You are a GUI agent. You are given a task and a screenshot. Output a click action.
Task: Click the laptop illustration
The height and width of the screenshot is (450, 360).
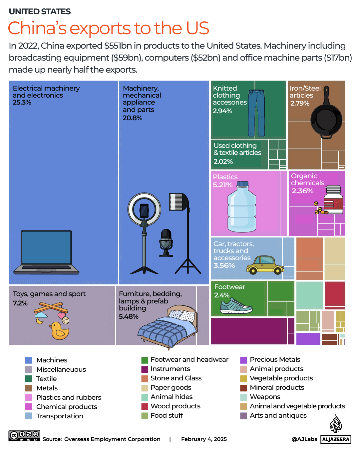click(x=46, y=252)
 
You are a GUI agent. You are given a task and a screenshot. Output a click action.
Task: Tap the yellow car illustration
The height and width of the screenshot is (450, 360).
click(x=265, y=265)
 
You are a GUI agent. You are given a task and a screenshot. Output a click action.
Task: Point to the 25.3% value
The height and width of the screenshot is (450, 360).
click(x=22, y=103)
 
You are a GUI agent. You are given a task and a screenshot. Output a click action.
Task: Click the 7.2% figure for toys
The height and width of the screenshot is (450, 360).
click(x=20, y=303)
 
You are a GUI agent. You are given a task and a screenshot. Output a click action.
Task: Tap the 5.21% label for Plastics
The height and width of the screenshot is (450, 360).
click(x=222, y=185)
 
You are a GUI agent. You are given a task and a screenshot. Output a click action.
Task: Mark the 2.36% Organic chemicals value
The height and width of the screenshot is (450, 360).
click(x=302, y=191)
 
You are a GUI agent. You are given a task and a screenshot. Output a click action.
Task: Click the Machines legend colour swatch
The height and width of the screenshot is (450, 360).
click(x=29, y=360)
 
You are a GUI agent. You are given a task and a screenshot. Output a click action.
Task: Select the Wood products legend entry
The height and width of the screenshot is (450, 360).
click(x=175, y=406)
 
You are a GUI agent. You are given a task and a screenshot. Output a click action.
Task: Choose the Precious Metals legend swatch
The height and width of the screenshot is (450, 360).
click(x=243, y=360)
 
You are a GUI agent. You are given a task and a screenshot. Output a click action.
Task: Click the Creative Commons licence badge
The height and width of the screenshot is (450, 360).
click(x=24, y=436)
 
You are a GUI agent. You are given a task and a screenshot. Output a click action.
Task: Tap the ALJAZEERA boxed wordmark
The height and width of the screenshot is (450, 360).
click(x=336, y=439)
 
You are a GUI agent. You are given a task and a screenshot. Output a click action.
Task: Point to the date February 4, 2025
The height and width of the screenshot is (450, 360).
click(x=204, y=439)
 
